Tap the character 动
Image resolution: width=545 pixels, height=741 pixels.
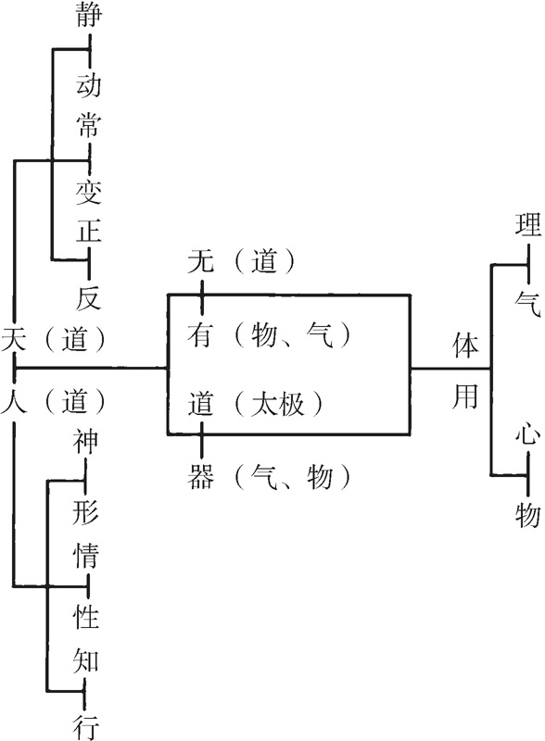[x=88, y=85]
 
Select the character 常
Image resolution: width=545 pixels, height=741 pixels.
[x=88, y=125]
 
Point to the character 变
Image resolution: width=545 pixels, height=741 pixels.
[x=88, y=193]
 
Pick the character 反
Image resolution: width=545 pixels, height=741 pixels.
[x=88, y=297]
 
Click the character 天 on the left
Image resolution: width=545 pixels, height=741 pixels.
[x=14, y=339]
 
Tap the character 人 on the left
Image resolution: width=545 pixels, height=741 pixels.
[x=14, y=401]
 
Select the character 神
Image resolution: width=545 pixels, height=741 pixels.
[x=85, y=441]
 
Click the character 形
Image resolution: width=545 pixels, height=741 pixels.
[x=85, y=512]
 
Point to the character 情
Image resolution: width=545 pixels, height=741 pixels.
[x=85, y=555]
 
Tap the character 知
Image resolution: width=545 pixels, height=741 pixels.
[x=85, y=660]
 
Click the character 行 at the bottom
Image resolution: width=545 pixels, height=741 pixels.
[x=85, y=727]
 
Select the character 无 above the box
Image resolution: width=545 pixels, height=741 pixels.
[x=200, y=261]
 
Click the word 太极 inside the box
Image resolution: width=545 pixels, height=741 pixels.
[x=277, y=404]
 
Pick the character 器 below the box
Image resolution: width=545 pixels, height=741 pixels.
[x=200, y=476]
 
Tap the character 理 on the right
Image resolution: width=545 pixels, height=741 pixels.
[x=528, y=224]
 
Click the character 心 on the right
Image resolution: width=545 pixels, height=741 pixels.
[x=528, y=432]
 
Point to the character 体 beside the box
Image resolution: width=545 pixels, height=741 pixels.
[x=465, y=345]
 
